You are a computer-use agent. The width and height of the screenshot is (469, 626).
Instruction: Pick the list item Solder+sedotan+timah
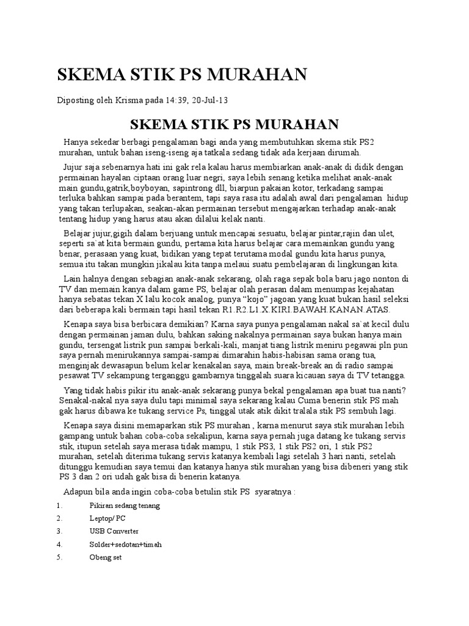tap(125, 544)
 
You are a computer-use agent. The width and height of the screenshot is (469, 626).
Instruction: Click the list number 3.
tap(59, 531)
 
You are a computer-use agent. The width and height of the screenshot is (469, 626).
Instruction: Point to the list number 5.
tap(59, 557)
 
